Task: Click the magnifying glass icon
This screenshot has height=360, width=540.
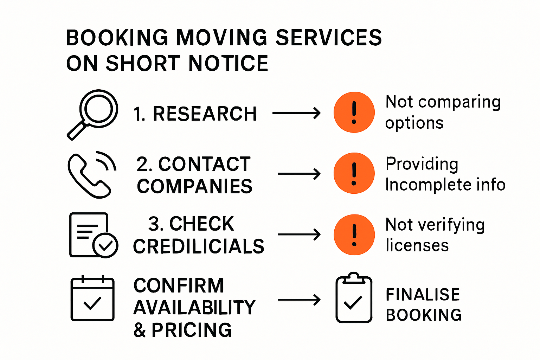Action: tap(93, 114)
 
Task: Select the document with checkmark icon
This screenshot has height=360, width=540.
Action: tap(93, 235)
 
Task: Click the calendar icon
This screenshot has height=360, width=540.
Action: tap(92, 298)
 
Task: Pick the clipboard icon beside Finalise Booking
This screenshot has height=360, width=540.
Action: tap(354, 298)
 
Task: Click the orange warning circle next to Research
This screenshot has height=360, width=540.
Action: tap(354, 112)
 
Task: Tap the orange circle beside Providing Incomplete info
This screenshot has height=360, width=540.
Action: tap(354, 173)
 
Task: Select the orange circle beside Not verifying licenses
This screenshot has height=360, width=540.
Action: tap(354, 234)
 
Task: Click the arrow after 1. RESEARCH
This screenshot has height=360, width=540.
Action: tap(296, 113)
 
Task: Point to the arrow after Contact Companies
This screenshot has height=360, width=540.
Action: tap(299, 174)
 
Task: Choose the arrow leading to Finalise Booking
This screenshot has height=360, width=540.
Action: tap(299, 300)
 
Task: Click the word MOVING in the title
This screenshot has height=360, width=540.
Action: tap(221, 38)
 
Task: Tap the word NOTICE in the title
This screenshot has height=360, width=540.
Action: tap(229, 64)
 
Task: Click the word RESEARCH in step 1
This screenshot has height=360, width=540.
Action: tap(205, 114)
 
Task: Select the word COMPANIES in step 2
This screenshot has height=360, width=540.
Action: tap(194, 186)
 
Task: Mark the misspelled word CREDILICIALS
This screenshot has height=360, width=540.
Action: tap(199, 246)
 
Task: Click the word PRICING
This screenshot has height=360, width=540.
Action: tap(192, 330)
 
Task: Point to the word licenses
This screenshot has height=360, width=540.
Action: tap(417, 245)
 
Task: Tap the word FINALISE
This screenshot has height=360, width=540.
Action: tap(423, 295)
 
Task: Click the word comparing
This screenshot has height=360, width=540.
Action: tap(459, 102)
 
